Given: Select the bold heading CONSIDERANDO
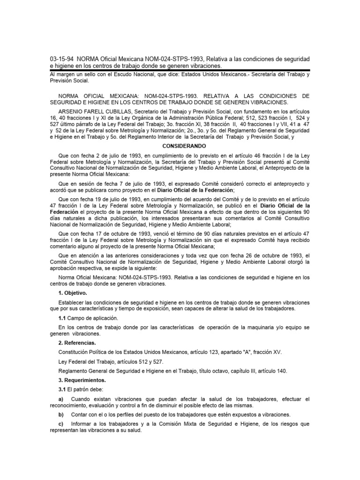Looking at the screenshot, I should tap(180, 146).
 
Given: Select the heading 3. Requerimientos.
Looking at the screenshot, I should tap(82, 380).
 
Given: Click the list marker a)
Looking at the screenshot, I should tap(60, 399).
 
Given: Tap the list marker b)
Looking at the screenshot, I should tap(60, 415).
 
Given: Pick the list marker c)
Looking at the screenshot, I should tap(60, 424).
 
